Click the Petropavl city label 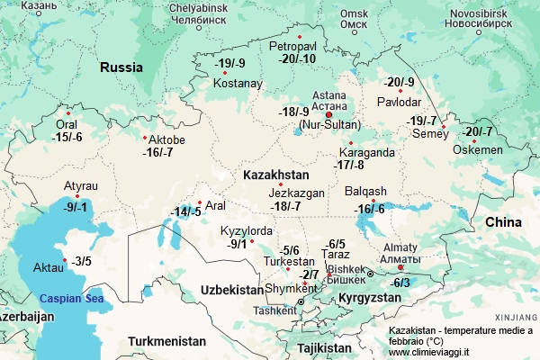tap(293, 45)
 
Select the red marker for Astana tap(328, 115)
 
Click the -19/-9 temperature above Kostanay tap(230, 63)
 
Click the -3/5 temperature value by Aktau tap(83, 261)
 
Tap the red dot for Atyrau tap(78, 196)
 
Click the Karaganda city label tap(366, 152)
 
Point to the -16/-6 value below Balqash tap(369, 209)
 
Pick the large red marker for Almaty tap(401, 267)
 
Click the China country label tap(502, 222)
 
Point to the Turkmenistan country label tap(166, 341)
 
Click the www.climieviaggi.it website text tap(435, 353)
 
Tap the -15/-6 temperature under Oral tap(67, 137)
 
